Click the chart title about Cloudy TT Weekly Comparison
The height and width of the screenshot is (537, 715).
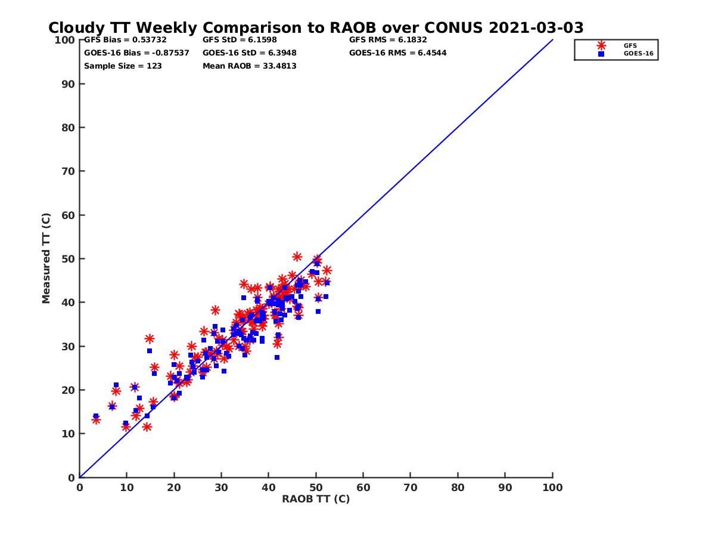(x=316, y=28)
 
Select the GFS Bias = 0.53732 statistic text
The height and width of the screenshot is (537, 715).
(x=125, y=40)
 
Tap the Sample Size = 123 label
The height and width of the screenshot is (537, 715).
(x=123, y=66)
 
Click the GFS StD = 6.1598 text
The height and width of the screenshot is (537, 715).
(x=241, y=40)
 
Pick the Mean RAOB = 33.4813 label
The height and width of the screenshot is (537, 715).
(x=249, y=66)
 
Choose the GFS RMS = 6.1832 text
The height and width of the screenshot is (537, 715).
(x=388, y=40)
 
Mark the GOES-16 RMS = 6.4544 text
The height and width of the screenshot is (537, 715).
(x=397, y=53)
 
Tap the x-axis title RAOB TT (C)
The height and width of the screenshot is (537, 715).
(x=316, y=499)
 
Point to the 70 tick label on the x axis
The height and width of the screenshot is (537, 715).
(x=411, y=487)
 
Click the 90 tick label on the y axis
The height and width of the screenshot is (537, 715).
(x=67, y=84)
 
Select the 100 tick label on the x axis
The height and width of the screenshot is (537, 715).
(x=552, y=487)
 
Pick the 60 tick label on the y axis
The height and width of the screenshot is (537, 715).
(x=67, y=215)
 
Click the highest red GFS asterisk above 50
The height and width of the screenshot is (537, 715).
(x=297, y=257)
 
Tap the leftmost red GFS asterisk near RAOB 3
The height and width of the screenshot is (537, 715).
(x=96, y=420)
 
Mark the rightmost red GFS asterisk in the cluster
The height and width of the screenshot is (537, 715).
(x=327, y=270)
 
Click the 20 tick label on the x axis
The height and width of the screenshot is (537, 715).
(x=174, y=487)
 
